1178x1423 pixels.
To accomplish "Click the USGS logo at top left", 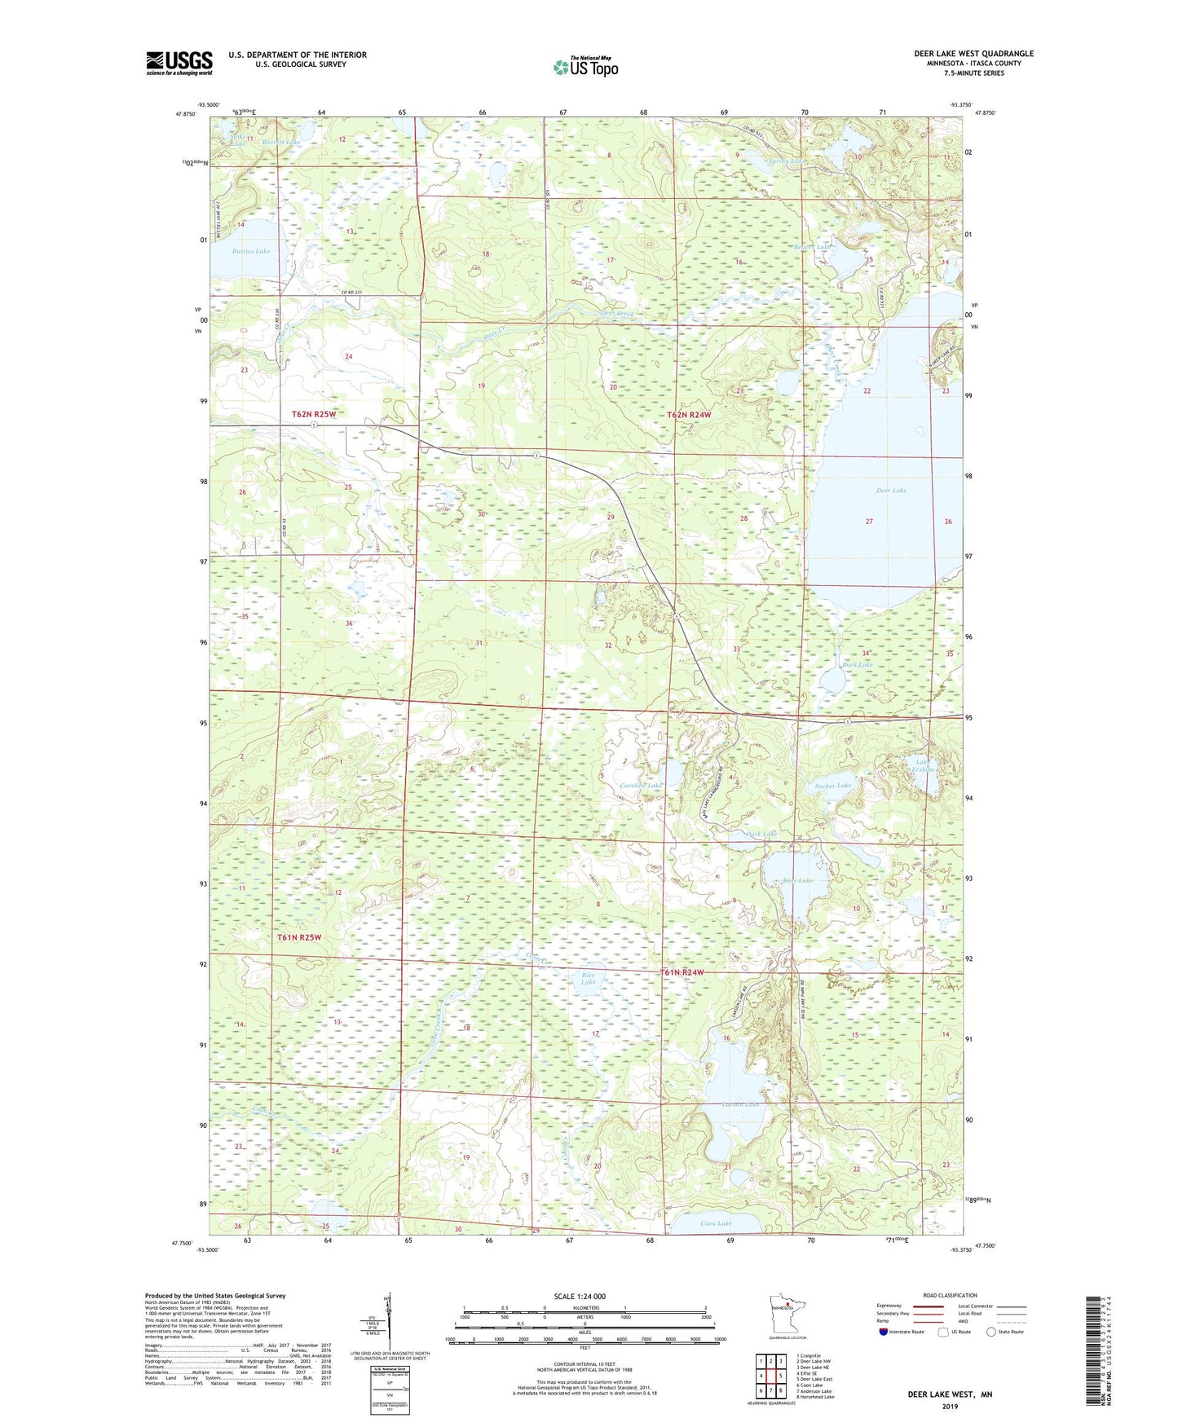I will (179, 63).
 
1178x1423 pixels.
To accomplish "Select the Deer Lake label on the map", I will (891, 491).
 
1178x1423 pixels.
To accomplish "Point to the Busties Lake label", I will (250, 252).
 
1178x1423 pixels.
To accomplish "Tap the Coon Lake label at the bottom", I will (716, 1224).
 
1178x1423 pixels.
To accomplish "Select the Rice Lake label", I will (589, 978).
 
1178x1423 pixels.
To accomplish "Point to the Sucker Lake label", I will (832, 786).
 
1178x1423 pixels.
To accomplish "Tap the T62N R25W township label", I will (314, 415).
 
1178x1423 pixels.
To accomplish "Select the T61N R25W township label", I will (299, 937).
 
